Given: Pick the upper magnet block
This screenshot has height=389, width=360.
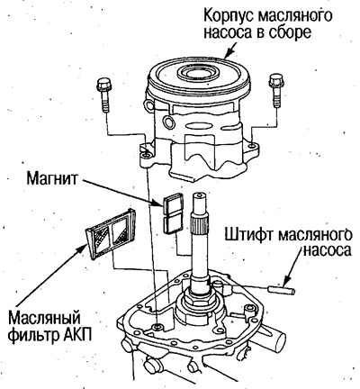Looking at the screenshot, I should pyautogui.click(x=174, y=206).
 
